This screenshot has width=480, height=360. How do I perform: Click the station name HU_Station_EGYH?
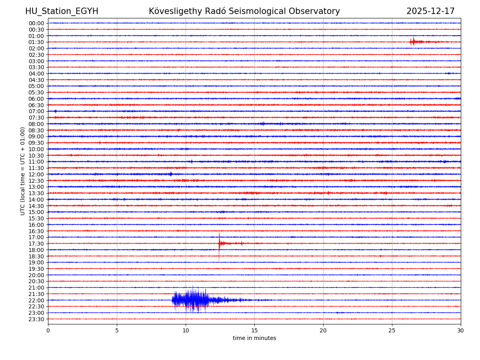pos(62,11)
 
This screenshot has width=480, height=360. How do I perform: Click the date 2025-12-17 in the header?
pos(430,11)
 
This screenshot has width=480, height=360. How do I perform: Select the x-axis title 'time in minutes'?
pos(254,338)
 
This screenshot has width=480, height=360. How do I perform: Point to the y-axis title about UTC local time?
pos(23,171)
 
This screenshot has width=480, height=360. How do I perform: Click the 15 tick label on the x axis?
pos(254,330)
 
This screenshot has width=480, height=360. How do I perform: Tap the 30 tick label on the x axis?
pos(461,330)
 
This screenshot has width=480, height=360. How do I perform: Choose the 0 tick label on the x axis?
pos(48,330)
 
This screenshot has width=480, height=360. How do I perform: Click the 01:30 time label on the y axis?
pos(36,42)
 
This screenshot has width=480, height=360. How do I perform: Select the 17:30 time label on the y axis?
pos(36,244)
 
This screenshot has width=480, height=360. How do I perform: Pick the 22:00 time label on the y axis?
pos(36,300)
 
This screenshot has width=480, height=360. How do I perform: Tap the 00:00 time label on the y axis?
pos(36,23)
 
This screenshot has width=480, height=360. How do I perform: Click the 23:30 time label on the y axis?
pos(36,319)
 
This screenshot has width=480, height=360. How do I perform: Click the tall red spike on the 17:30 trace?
pos(219,243)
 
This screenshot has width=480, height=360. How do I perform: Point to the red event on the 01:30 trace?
pos(413,42)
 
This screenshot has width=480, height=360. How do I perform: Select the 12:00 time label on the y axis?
pos(36,174)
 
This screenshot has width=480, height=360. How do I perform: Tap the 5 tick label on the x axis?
pos(117,330)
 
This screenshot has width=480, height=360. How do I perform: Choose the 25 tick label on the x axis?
pos(392,330)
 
